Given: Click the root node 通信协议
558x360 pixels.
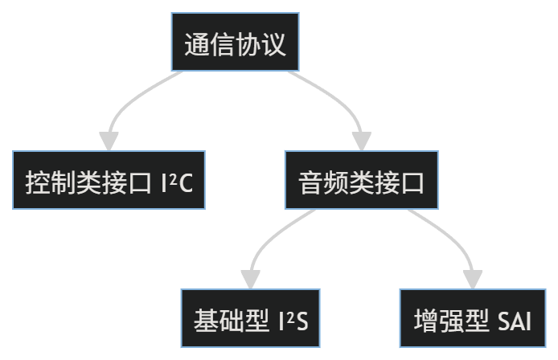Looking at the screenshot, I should tap(235, 43).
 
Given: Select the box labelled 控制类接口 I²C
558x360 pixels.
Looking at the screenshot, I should tap(109, 180).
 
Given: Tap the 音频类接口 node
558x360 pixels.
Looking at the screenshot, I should tap(361, 180).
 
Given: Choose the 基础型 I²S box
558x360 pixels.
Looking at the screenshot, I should tap(251, 318).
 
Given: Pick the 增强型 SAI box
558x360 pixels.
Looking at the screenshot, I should tap(472, 318).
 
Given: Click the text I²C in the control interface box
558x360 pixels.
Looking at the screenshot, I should tap(178, 181).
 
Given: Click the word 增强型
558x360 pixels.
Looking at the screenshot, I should tap(451, 318).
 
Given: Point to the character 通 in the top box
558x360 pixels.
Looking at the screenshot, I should tap(197, 43).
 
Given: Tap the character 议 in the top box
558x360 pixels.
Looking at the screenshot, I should tap(273, 43).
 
